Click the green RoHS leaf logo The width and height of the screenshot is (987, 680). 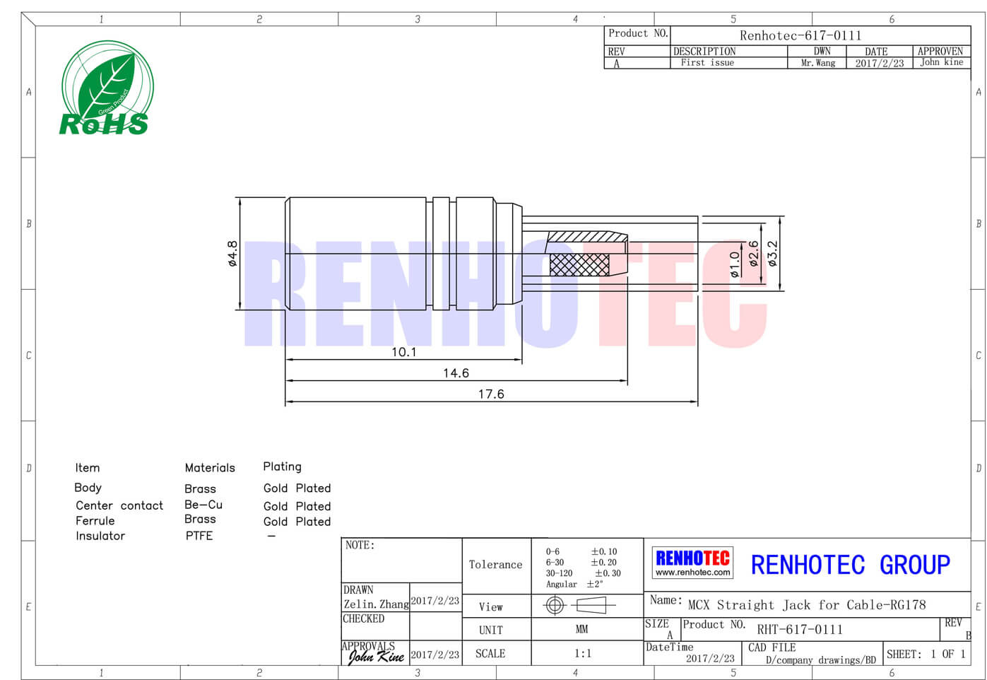click(x=107, y=87)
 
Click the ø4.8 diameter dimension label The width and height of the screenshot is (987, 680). click(x=232, y=253)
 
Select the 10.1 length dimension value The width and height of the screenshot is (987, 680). click(x=403, y=352)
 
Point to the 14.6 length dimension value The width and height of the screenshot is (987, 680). click(x=456, y=373)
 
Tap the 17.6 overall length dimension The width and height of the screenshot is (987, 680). click(x=491, y=394)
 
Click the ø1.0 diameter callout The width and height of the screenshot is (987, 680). click(x=734, y=264)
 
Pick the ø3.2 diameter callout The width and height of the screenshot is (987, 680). click(x=772, y=253)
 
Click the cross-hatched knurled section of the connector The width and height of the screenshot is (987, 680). click(x=579, y=265)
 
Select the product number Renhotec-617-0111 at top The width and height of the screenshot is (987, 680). click(x=800, y=35)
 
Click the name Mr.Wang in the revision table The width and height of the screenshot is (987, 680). click(x=818, y=63)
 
